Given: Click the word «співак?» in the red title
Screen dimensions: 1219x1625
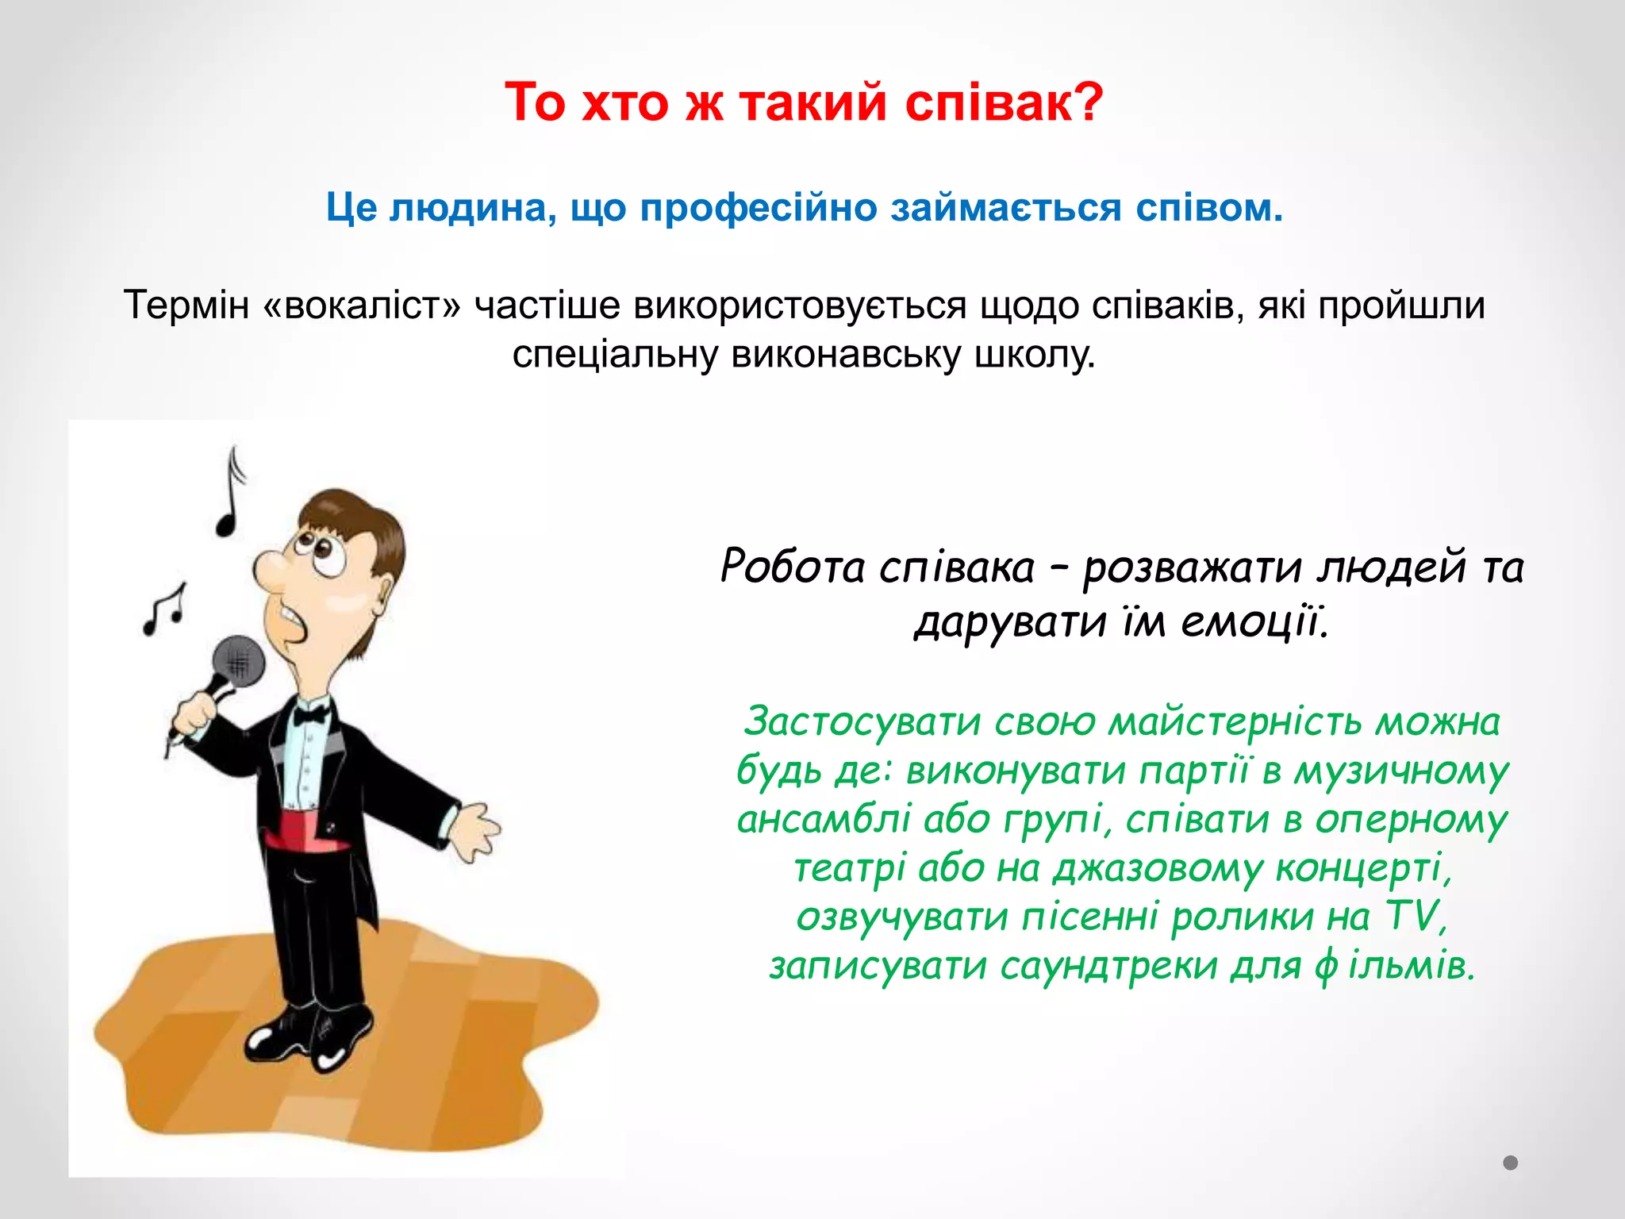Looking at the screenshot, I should [x=1004, y=103].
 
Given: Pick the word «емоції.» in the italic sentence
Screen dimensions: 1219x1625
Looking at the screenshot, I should [x=1254, y=621].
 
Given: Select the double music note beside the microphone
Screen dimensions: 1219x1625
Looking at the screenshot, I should [x=165, y=611].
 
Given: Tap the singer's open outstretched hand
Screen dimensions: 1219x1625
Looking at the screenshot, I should [x=476, y=829].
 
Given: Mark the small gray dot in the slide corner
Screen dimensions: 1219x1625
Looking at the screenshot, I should [x=1511, y=1163].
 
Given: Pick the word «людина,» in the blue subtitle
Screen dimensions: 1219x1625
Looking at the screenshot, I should [x=472, y=209].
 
